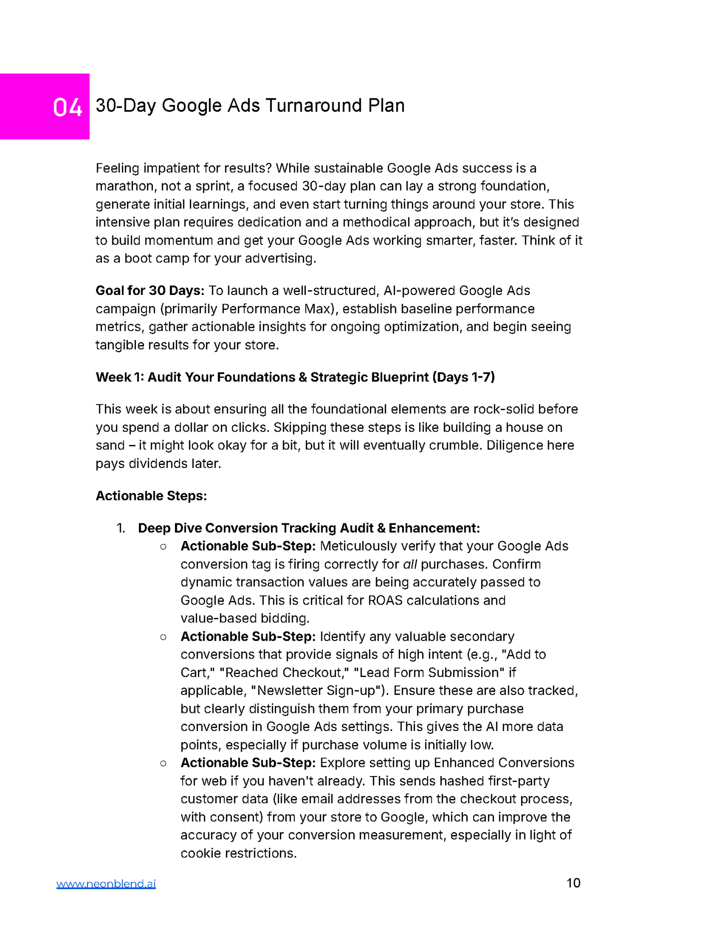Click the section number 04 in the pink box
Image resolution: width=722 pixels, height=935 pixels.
[67, 107]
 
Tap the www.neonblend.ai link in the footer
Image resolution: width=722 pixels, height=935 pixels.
[106, 883]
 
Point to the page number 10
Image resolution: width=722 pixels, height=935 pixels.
[573, 882]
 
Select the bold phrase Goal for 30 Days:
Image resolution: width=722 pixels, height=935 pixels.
[150, 290]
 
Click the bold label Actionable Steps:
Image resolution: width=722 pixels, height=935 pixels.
[151, 495]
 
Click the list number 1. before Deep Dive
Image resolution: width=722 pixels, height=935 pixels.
[121, 528]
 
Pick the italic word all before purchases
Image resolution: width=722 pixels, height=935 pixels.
[410, 564]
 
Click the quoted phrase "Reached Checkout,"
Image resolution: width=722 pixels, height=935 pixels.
[284, 672]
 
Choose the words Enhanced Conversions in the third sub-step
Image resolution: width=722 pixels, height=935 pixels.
[504, 762]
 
